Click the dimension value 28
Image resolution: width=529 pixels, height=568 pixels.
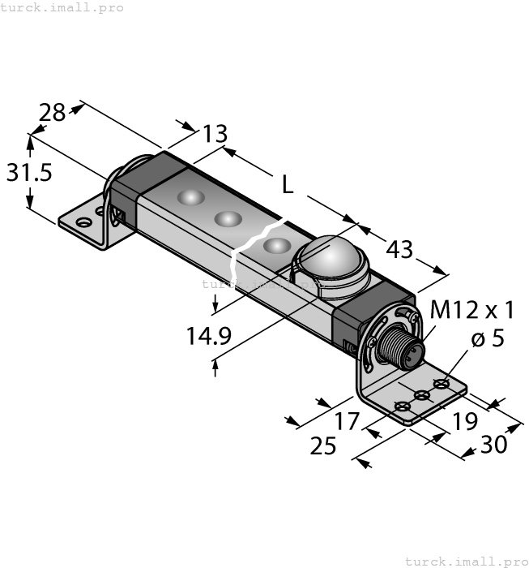click(53, 112)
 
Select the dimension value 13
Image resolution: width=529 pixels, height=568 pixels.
click(215, 133)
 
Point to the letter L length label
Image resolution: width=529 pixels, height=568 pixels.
click(288, 185)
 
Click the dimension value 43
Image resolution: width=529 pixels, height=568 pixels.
click(399, 250)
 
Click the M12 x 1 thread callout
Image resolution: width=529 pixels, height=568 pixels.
click(472, 310)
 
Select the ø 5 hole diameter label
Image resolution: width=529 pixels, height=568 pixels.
click(488, 338)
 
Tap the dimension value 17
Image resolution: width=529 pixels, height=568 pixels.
click(346, 421)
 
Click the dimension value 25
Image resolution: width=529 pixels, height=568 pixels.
click(323, 445)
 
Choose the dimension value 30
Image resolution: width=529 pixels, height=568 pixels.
click(494, 444)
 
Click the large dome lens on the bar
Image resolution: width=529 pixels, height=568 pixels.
click(331, 261)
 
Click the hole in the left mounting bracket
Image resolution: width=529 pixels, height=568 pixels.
click(82, 221)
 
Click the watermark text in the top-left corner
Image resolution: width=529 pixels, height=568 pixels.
click(62, 7)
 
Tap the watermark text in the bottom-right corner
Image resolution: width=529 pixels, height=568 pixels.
click(466, 561)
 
